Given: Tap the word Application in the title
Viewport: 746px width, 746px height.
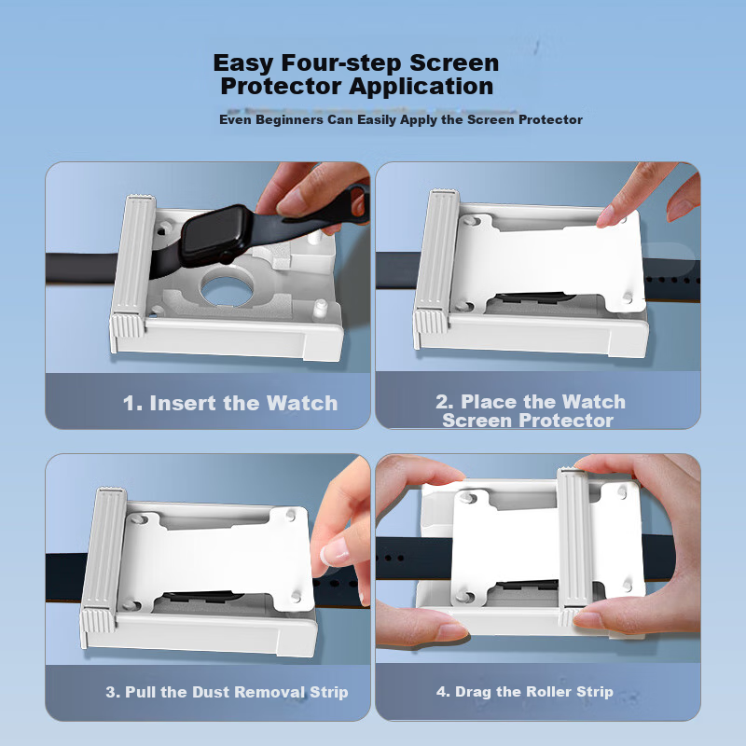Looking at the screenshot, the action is click(x=421, y=87).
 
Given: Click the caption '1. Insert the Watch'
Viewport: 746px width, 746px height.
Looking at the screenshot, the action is click(x=230, y=403).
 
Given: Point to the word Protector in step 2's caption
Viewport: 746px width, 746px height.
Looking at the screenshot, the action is click(x=566, y=421).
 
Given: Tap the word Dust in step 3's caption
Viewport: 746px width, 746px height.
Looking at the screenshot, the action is click(x=211, y=692).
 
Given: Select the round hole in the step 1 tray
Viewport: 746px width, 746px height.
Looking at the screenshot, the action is click(x=227, y=288).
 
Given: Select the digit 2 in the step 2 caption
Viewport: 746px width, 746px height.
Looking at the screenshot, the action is click(x=444, y=402).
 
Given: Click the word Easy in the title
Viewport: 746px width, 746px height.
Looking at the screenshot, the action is click(x=243, y=63).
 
